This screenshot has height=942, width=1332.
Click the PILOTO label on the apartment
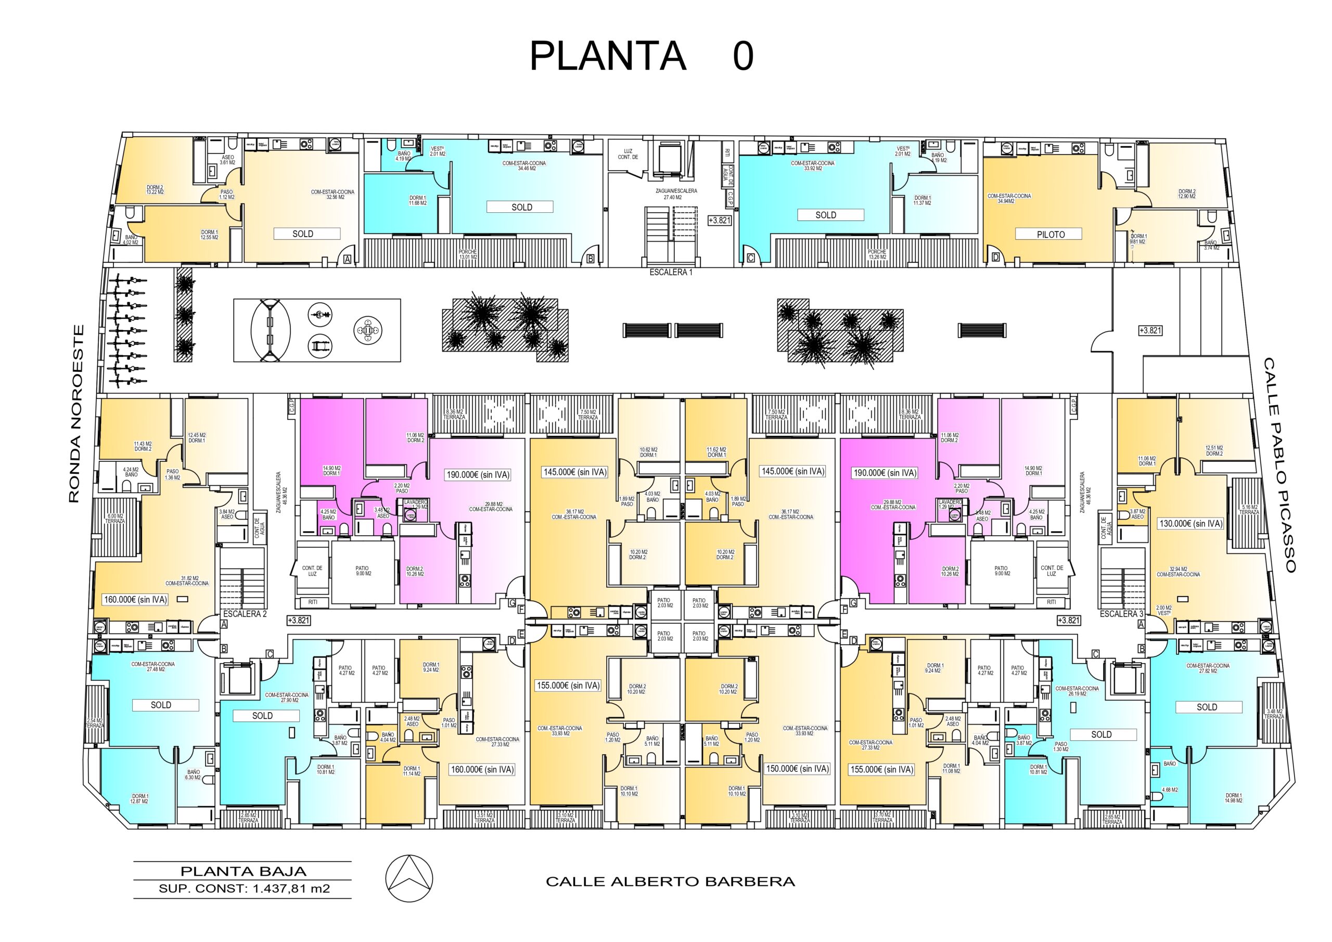pyautogui.click(x=1051, y=235)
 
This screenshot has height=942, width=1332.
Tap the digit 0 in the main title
pyautogui.click(x=743, y=56)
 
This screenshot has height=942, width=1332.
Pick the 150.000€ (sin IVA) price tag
pyautogui.click(x=798, y=769)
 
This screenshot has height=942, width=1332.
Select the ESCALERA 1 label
pyautogui.click(x=671, y=272)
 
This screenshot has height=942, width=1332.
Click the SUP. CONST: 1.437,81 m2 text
pyautogui.click(x=244, y=888)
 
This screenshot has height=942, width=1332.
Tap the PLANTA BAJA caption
pyautogui.click(x=243, y=871)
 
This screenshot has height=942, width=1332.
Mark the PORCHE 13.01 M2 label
pyautogui.click(x=468, y=254)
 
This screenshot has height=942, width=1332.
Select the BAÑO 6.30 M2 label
pyautogui.click(x=193, y=776)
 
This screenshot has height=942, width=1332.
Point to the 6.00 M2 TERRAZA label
pyautogui.click(x=115, y=519)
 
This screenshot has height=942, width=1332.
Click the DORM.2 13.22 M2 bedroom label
pyautogui.click(x=155, y=189)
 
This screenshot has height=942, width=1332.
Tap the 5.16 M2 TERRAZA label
pyautogui.click(x=1250, y=510)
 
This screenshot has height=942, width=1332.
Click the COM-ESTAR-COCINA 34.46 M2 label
pyautogui.click(x=523, y=166)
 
